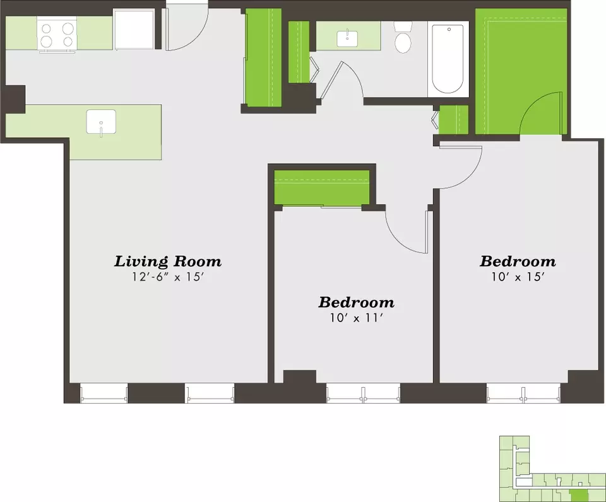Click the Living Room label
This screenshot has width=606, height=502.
[x=168, y=261]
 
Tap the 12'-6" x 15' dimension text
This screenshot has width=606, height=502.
[x=168, y=277]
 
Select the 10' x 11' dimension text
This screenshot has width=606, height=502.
[x=356, y=317]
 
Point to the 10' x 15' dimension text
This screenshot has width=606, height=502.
[x=518, y=276]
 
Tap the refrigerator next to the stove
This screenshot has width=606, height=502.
[x=134, y=30]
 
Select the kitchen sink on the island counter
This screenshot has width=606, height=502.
[x=101, y=121]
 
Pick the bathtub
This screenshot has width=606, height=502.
[x=448, y=59]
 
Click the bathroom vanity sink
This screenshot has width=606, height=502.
[x=347, y=38]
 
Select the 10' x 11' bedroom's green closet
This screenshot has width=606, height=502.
[x=321, y=187]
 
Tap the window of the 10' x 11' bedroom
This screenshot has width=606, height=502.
[x=364, y=393]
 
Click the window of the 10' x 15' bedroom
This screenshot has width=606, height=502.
[x=523, y=393]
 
